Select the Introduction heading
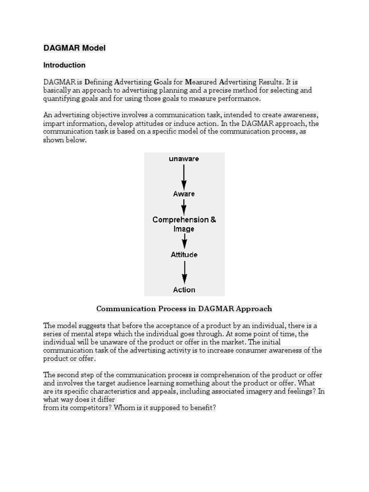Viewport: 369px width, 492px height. click(x=64, y=65)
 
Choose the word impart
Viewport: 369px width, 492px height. click(x=53, y=123)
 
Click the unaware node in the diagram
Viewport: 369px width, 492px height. click(x=184, y=159)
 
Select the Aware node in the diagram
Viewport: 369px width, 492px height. click(x=184, y=194)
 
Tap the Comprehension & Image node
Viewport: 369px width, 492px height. click(x=184, y=224)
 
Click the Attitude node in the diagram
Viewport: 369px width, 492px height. click(x=184, y=255)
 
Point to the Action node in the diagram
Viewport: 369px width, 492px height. click(x=184, y=290)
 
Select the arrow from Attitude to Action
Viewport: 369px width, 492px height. click(x=184, y=272)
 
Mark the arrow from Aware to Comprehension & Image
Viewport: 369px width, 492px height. click(x=184, y=207)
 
